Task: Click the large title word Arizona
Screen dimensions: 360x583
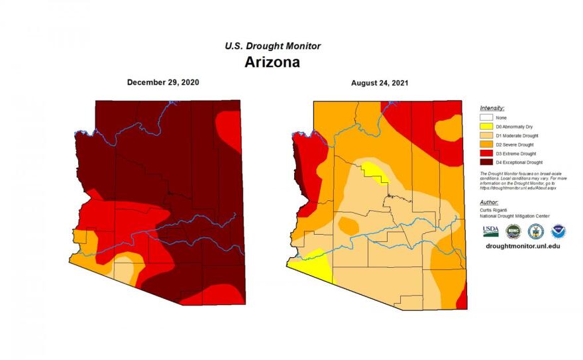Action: click(x=272, y=62)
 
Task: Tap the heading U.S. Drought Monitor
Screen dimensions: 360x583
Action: click(x=272, y=46)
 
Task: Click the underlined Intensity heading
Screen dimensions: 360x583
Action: click(x=492, y=107)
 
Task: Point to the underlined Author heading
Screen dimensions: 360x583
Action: click(x=489, y=202)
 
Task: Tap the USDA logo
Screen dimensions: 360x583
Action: click(x=490, y=231)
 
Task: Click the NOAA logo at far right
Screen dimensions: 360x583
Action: click(x=558, y=231)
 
